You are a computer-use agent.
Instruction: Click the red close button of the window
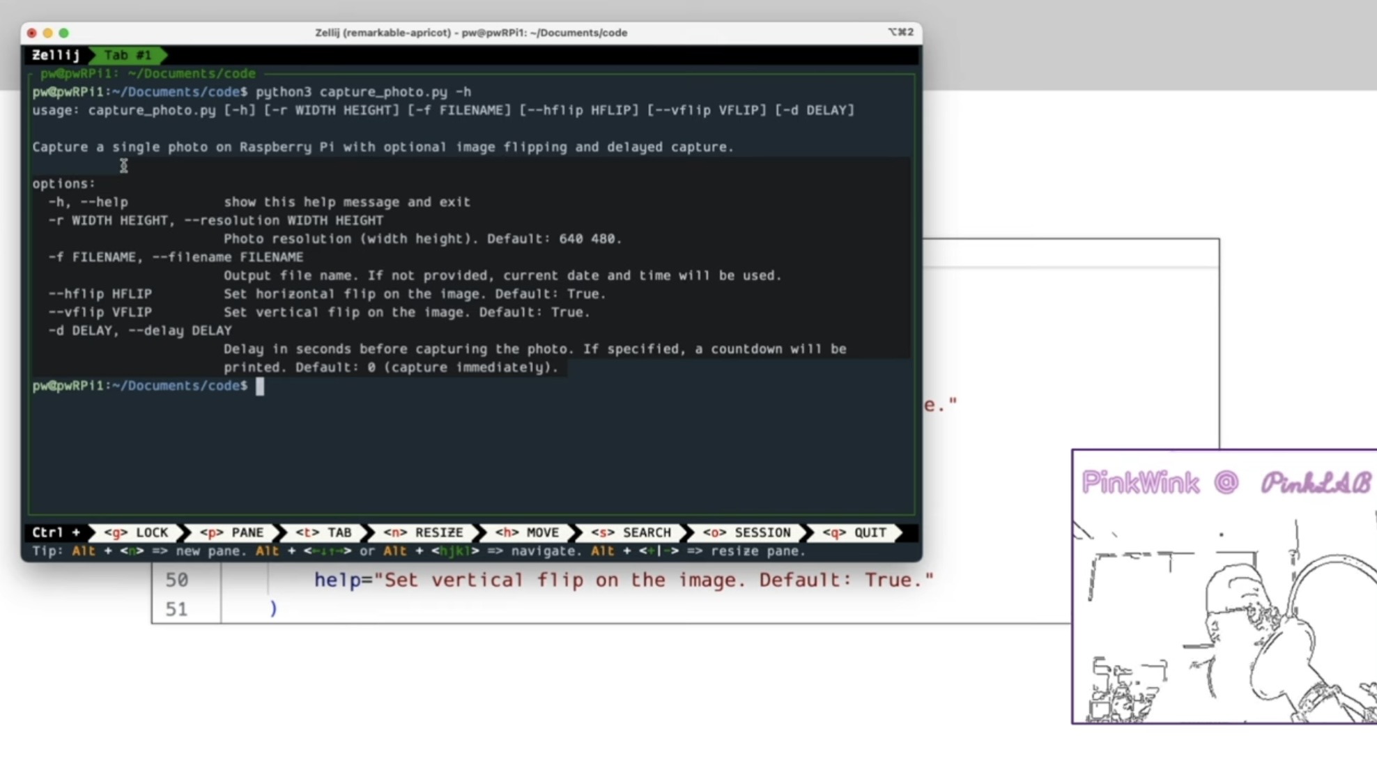coord(32,33)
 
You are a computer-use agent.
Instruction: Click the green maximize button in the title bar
coord(64,33)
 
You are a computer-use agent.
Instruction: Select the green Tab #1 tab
coord(128,55)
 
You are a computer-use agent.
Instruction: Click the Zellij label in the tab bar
coord(56,55)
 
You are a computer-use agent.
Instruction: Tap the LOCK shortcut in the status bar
coord(137,532)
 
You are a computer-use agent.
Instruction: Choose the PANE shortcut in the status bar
coord(232,532)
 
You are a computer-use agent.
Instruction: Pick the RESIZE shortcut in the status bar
coord(423,532)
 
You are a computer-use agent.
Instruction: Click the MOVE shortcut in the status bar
coord(527,532)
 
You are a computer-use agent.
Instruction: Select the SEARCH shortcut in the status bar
coord(631,532)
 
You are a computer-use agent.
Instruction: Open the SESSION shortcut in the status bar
coord(746,532)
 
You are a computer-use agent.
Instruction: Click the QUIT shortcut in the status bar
coord(854,532)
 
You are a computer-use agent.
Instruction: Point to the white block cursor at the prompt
coord(260,386)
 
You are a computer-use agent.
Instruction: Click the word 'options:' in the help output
coord(63,184)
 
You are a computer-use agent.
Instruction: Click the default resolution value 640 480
coord(590,239)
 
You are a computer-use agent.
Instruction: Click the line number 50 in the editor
coord(177,580)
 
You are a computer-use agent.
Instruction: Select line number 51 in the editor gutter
coord(177,609)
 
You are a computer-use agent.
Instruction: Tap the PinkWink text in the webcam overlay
coord(1141,482)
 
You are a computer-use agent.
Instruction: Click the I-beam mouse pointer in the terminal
coord(123,166)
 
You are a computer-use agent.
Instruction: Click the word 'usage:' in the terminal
coord(56,110)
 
